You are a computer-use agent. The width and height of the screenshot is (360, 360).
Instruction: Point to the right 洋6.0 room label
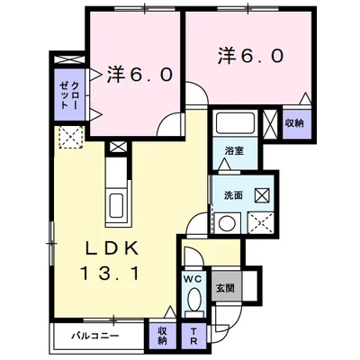(250, 55)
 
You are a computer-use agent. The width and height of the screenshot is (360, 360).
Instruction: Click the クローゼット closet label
(68, 94)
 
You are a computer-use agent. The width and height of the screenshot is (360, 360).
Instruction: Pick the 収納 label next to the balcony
(162, 335)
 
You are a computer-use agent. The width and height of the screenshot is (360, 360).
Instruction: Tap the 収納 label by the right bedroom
(294, 123)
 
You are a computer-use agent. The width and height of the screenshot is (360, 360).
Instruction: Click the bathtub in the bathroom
(235, 123)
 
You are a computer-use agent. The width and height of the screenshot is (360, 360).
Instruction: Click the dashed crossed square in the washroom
(260, 221)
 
